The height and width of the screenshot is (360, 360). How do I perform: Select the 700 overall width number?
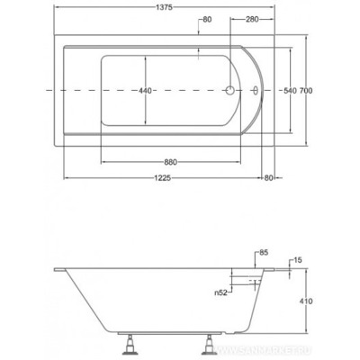point(308,92)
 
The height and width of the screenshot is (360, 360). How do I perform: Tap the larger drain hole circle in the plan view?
point(230,91)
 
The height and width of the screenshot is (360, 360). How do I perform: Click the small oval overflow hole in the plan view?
point(256,91)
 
